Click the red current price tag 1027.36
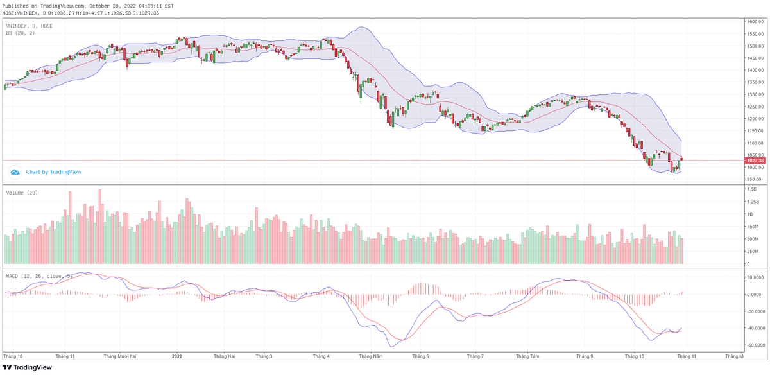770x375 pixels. click(753, 161)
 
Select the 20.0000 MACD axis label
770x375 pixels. click(755, 277)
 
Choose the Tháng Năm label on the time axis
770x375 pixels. click(370, 355)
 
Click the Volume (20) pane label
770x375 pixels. click(22, 193)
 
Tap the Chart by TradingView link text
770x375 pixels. click(53, 172)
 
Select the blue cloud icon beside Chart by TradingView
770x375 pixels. click(15, 172)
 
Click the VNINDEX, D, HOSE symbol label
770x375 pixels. click(29, 26)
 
